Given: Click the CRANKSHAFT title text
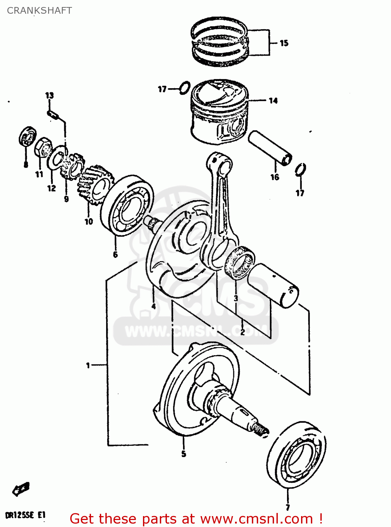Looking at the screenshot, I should (x=39, y=11).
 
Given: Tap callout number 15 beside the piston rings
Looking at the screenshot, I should (x=284, y=43).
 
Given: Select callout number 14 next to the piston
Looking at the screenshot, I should (x=273, y=101).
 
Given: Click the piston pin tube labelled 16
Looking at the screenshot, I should (x=270, y=148).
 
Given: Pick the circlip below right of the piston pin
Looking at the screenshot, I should (x=300, y=169).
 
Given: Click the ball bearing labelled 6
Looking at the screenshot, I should (x=127, y=206).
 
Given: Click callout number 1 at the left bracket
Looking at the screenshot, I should (x=88, y=365).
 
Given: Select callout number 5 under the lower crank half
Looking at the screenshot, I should (x=183, y=454).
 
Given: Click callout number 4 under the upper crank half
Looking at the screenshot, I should (x=154, y=306).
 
